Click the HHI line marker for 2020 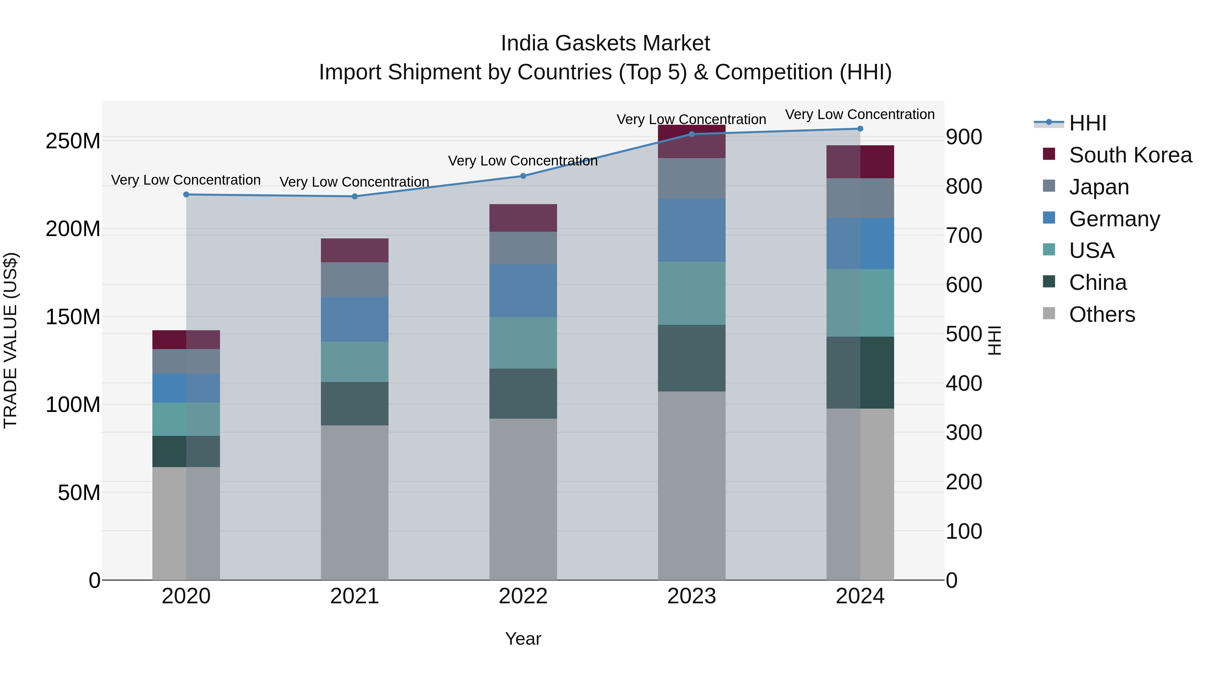coord(186,195)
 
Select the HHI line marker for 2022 coord(523,176)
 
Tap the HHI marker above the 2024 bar coord(860,129)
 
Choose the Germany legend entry coord(1114,219)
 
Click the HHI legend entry coord(1087,123)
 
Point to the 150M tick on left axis coord(73,317)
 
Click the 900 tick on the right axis coord(964,137)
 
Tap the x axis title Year coord(523,639)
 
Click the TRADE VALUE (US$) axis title coord(11,340)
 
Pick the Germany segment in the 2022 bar coord(523,291)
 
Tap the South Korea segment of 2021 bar coord(355,251)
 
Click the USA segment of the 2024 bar coord(860,303)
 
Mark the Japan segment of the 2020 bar coord(186,362)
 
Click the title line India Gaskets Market coord(605,43)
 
